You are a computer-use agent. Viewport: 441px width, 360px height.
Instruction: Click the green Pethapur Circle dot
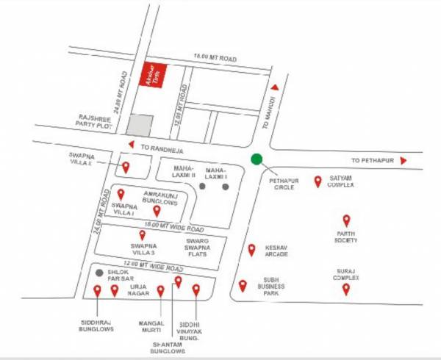click(x=256, y=159)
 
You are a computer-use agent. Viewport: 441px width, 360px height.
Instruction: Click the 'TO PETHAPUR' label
click(x=373, y=159)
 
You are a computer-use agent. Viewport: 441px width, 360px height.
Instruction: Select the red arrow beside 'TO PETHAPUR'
click(x=404, y=159)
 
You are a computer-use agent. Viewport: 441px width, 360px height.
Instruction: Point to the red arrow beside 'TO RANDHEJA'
click(x=130, y=144)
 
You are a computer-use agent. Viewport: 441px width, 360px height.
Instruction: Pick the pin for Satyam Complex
click(x=318, y=181)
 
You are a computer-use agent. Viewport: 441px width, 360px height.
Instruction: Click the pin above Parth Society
click(x=346, y=220)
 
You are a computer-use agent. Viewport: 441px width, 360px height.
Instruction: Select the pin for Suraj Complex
click(x=345, y=289)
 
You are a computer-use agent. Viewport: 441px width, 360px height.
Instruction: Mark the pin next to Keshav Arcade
click(x=251, y=250)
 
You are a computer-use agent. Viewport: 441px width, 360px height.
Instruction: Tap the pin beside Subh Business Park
click(x=243, y=286)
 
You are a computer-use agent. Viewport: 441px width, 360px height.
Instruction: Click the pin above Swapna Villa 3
click(x=143, y=235)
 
